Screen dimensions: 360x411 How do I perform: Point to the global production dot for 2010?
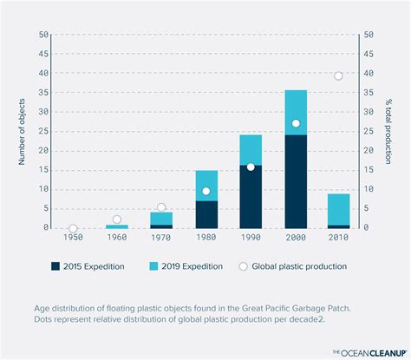pos(338,76)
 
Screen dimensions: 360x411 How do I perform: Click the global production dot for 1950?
pos(73,228)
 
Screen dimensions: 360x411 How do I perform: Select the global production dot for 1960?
pos(117,219)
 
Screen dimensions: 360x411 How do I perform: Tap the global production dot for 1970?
pos(161,207)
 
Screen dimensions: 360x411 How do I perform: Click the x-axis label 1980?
pos(206,238)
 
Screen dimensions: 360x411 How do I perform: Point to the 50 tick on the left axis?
pos(43,36)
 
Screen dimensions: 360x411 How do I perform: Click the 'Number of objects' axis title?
pos(21,131)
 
